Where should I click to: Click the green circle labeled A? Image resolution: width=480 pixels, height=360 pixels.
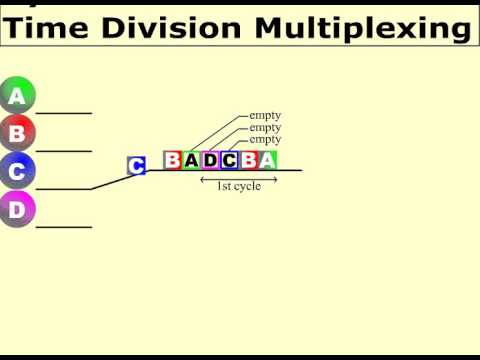pos(17,96)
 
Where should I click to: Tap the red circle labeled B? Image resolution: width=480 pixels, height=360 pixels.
pos(17,132)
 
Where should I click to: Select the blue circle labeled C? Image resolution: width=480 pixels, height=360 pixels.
pos(17,171)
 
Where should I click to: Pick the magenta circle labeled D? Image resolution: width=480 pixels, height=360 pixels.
pos(17,209)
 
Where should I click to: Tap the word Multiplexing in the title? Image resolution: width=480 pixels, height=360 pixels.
pos(360,28)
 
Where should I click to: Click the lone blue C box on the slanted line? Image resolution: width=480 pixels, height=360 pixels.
pos(137,166)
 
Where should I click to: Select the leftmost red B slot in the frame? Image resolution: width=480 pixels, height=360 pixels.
pos(173,160)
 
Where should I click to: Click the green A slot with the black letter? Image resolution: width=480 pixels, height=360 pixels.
pos(191,160)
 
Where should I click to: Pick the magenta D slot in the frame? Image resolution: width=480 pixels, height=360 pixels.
pos(210,160)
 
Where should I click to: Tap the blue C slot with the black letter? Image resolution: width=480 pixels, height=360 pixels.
pos(229,160)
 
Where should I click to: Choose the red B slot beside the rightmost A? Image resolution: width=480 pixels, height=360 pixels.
pos(248,160)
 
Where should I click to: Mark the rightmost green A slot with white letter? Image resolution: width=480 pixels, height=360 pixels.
pos(267,160)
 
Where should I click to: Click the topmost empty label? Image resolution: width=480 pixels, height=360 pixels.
pos(265,116)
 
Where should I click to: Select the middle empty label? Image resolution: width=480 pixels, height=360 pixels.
pos(265,128)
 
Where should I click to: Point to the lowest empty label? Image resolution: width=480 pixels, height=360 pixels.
pos(265,140)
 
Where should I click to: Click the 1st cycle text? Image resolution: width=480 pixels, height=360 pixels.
pos(238,187)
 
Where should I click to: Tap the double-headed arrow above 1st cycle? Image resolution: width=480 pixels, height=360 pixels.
pos(238,178)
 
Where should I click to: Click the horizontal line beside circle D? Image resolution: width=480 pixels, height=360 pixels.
pos(64,227)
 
